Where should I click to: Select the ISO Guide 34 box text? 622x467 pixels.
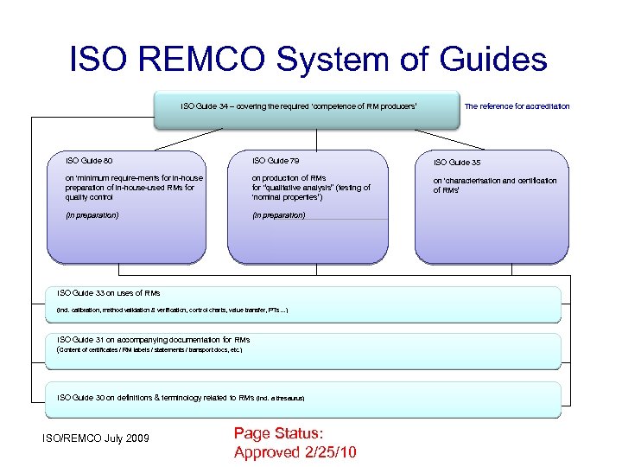coord(299,106)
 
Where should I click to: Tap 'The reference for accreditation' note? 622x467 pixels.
coord(517,106)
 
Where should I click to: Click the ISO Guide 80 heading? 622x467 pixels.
coord(89,161)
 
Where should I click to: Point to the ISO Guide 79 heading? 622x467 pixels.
coord(276,161)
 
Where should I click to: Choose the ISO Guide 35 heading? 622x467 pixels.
coord(457,162)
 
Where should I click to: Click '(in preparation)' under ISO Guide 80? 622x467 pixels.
coord(92,214)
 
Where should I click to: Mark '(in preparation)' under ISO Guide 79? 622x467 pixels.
coord(279,214)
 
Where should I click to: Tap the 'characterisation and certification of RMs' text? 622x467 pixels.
coord(494,185)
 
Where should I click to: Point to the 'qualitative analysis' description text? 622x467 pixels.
coord(311,188)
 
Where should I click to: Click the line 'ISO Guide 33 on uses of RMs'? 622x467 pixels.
coord(108,293)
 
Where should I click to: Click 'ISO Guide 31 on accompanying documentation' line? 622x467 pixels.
coord(153,340)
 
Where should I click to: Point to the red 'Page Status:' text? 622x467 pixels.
coord(280,435)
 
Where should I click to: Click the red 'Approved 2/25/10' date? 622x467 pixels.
coord(295,452)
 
